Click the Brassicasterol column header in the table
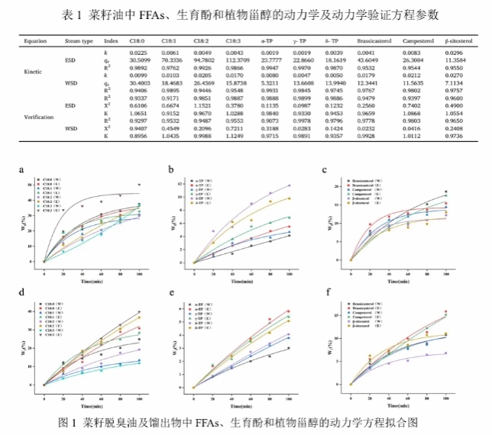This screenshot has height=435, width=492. (373, 39)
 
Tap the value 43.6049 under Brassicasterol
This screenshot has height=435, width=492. (372, 60)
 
